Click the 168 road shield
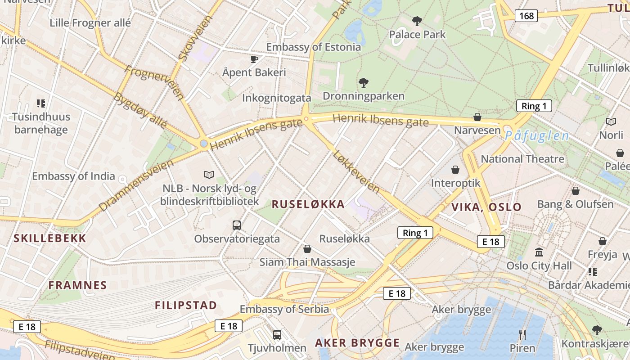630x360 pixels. point(526,16)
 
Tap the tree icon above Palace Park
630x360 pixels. point(417,21)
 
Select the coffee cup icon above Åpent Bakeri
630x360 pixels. point(254,59)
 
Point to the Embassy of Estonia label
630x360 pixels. point(314,47)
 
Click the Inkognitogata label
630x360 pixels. point(277,98)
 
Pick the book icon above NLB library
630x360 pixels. point(209,175)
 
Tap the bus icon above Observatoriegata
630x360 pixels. point(237,225)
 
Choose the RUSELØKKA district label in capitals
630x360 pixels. point(308,204)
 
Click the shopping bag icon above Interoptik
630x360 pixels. point(455,170)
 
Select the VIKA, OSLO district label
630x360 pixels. point(486,207)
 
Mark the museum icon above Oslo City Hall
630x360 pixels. point(539,252)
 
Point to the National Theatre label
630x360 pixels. point(522,159)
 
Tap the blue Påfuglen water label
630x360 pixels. point(537,136)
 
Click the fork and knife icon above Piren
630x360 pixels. point(522,334)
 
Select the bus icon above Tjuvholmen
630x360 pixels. point(277,335)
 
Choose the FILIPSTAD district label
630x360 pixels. point(186,305)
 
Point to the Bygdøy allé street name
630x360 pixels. point(140,110)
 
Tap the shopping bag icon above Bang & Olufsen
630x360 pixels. point(575,191)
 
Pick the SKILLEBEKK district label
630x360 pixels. point(50,238)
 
